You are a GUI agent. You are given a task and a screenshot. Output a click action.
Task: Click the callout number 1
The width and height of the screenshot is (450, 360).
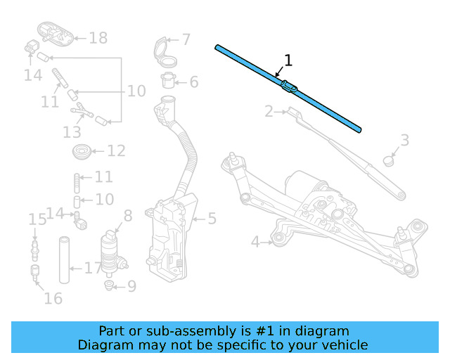[287, 60]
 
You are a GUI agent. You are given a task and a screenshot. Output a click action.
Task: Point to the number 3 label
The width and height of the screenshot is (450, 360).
[404, 141]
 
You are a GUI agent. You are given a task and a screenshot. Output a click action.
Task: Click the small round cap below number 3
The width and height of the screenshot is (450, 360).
[388, 160]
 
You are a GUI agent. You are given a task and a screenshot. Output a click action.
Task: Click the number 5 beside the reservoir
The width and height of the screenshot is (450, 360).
[211, 219]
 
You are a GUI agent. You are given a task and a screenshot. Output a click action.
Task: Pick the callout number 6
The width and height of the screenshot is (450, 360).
[193, 82]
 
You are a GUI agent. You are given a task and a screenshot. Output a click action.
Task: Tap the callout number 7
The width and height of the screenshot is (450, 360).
[186, 40]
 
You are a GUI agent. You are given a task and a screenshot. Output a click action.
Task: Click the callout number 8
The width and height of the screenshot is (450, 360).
[127, 216]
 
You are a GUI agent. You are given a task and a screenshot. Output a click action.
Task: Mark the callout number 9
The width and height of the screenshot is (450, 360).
[131, 286]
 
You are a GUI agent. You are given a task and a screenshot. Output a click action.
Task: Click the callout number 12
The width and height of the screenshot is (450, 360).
[116, 150]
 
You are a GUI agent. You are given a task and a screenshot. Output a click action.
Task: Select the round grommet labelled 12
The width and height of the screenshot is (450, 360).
[81, 150]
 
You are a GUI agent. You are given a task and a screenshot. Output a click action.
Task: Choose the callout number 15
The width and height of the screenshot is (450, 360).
[37, 220]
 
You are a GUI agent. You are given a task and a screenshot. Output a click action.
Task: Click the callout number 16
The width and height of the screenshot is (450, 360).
[53, 298]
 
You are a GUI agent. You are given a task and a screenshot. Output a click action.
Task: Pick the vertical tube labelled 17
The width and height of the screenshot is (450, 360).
[64, 260]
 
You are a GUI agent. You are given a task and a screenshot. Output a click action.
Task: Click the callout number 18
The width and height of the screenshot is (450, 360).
[98, 38]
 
